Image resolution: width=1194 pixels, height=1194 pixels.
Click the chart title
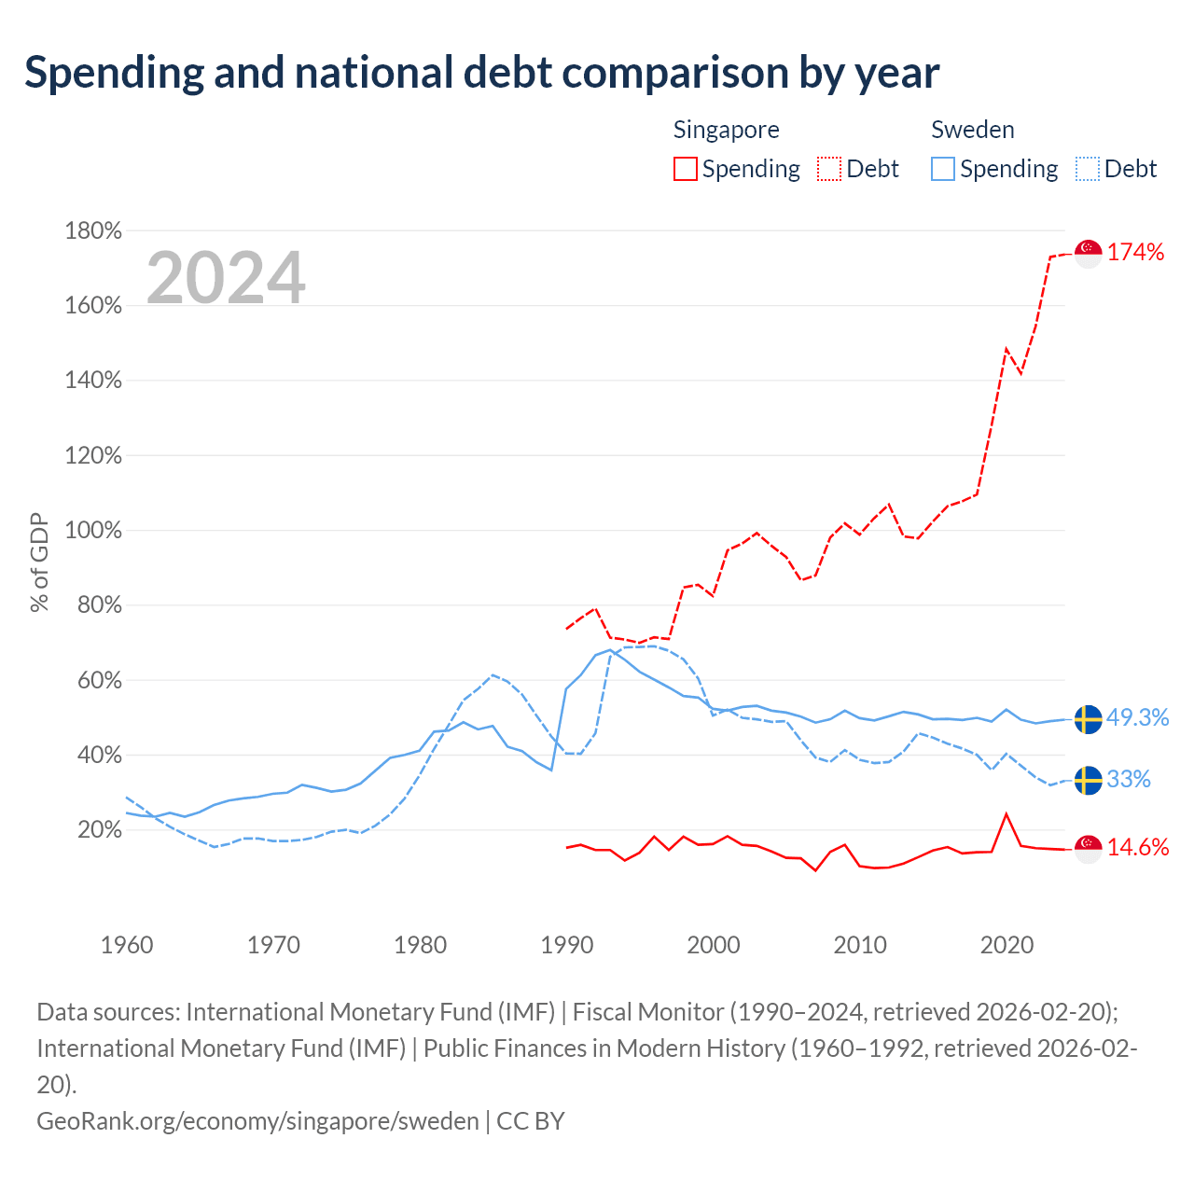481,73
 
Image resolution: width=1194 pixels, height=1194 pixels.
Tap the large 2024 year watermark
226,277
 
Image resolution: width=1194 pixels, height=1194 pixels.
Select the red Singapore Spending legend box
686,169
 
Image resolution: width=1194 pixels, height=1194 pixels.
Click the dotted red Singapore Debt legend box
829,169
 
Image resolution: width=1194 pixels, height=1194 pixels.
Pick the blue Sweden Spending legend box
942,169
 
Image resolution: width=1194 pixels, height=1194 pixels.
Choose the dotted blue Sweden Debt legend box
1087,169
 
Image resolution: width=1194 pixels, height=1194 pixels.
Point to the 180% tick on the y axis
93,230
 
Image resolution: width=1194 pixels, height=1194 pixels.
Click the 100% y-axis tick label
93,531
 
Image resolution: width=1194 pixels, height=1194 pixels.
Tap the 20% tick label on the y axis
100,829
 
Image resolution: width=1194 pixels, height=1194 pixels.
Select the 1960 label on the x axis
127,945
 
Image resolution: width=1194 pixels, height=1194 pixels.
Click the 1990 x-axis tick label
567,945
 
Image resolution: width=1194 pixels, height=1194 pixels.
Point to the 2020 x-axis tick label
1007,945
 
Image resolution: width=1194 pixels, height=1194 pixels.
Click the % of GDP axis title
39,562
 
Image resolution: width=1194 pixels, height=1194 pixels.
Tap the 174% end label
1135,252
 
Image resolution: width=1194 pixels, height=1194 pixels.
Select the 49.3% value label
1137,717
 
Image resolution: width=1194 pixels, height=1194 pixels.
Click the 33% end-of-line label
1129,779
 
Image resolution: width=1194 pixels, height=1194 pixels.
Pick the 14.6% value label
1138,847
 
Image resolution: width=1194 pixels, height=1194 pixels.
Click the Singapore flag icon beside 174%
1088,254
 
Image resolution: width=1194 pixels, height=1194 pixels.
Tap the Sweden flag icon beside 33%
1088,780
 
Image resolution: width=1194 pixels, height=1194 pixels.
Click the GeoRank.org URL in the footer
257,1121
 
